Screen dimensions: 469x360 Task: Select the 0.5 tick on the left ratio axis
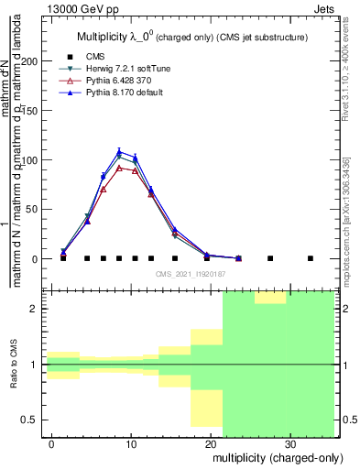click(33, 420)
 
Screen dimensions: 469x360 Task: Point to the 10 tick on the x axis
click(132, 443)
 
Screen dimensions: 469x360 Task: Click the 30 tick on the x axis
click(289, 443)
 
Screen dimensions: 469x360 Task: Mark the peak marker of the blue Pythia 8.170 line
click(119, 152)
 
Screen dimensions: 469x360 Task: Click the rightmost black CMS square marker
click(310, 258)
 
